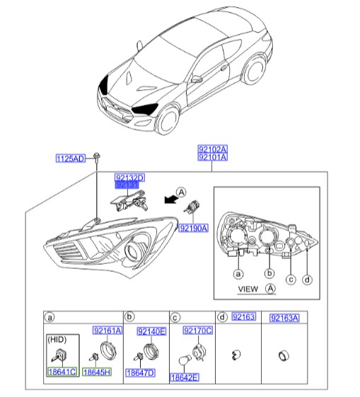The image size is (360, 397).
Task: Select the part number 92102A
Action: click(213, 149)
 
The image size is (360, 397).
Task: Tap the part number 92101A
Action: click(213, 158)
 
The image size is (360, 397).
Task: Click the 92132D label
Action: click(129, 177)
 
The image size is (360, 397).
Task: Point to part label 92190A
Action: click(192, 229)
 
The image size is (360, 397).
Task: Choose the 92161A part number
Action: click(108, 330)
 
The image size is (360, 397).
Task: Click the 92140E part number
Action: click(151, 330)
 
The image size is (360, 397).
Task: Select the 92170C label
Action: click(197, 330)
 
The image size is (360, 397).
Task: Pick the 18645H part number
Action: click(96, 371)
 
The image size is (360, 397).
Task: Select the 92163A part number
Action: click(284, 318)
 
